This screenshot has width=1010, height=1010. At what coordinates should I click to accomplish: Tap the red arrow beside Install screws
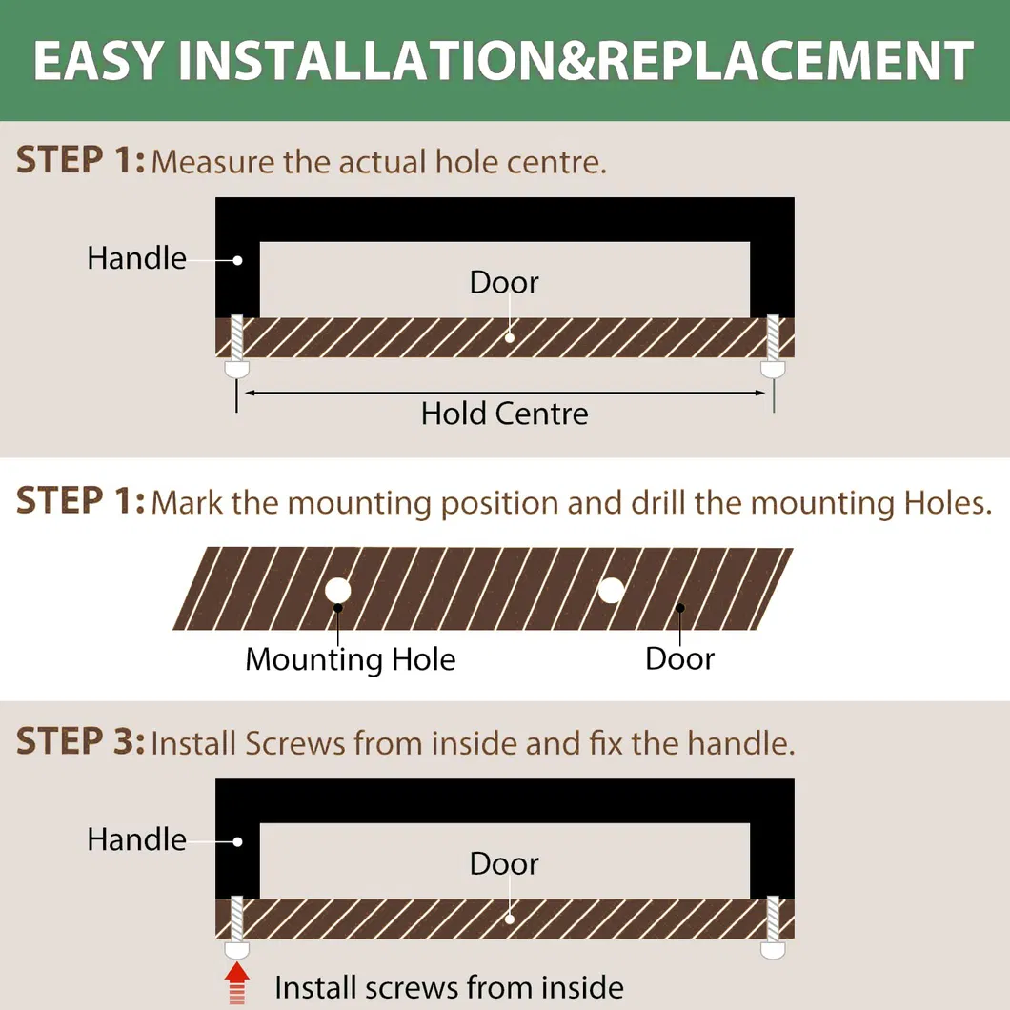point(237,982)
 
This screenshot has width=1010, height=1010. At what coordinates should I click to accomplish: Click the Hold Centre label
point(504,413)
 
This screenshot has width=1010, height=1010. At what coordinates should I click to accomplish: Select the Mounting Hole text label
point(351,659)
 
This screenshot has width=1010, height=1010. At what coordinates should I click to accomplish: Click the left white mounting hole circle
point(338,590)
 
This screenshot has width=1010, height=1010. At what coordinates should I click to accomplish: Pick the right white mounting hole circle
point(612,590)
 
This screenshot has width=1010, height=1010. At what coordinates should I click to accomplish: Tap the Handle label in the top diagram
point(136,257)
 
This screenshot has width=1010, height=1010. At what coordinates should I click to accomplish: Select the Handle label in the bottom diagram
point(136,839)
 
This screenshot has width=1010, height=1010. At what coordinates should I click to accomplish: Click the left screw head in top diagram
point(236,369)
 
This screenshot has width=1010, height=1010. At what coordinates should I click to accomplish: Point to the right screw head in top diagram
point(773,369)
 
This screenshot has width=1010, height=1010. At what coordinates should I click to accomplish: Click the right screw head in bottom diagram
point(773,950)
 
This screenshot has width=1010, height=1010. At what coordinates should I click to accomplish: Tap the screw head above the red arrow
point(236,950)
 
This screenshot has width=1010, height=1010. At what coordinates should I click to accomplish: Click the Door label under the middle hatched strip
point(679,658)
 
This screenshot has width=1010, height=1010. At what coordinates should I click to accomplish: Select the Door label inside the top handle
point(504,282)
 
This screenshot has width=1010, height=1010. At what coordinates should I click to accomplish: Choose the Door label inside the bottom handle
point(504,863)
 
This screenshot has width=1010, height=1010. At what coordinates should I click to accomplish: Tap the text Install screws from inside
point(449,987)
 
